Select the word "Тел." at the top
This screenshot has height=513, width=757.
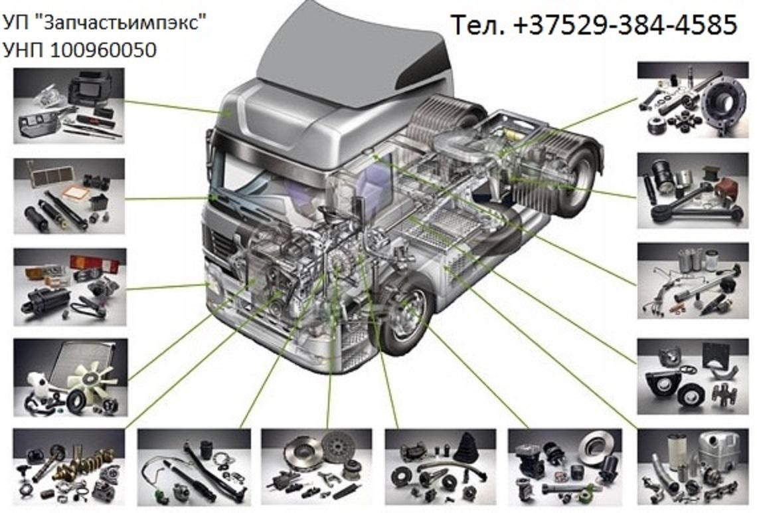[478, 25]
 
